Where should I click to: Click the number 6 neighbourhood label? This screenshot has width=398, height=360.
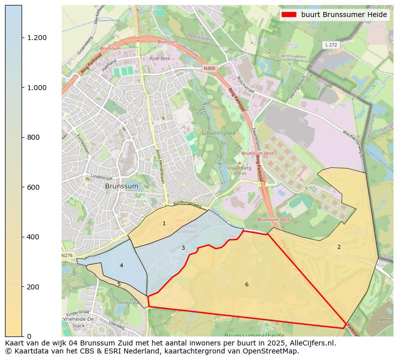pos(247,284)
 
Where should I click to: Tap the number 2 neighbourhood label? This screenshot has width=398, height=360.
pos(339,247)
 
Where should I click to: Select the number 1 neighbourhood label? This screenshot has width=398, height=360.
pos(164,223)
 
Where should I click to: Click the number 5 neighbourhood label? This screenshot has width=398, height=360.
pos(119,284)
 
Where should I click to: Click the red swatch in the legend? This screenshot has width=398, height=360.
pos(290,15)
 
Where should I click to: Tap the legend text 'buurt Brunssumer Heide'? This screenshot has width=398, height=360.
pos(344,15)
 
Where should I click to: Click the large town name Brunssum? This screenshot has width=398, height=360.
pos(122,186)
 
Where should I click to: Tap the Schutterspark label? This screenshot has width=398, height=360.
pos(218,134)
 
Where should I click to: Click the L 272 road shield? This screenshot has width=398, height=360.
pos(330,45)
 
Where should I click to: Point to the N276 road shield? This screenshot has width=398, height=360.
pos(67,255)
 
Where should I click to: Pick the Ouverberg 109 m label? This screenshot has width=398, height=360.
pos(239,171)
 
